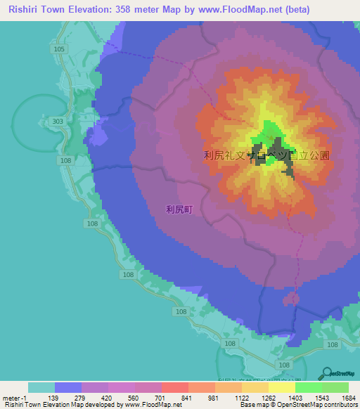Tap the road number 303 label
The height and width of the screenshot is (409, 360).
pos(58,121)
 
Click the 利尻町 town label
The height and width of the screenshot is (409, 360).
pos(179,209)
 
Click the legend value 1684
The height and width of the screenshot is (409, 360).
pos(349,398)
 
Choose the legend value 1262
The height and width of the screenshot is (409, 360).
pos(268,398)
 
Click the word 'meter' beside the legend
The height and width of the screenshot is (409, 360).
pos(11,398)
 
